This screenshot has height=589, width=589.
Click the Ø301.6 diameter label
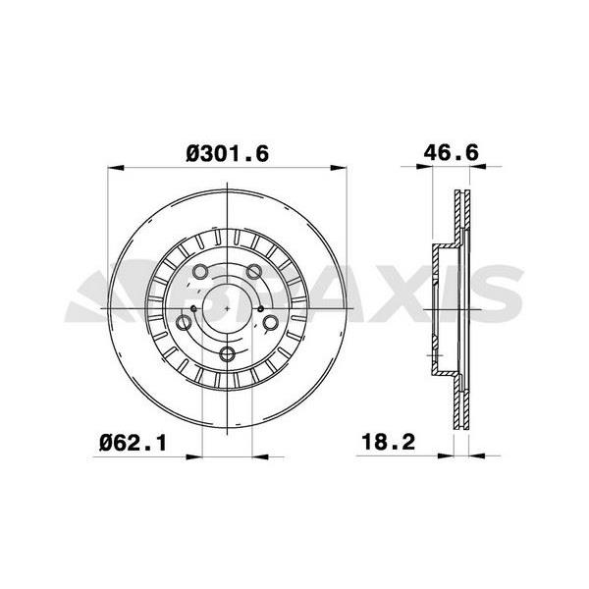(228, 154)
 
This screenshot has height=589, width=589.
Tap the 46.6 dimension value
(452, 152)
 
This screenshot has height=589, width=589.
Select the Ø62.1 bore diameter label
(133, 443)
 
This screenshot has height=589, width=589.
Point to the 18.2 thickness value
(389, 442)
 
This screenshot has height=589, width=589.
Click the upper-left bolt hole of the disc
(199, 272)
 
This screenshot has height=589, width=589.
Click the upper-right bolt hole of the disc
(254, 271)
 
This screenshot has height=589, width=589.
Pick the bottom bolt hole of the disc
(227, 353)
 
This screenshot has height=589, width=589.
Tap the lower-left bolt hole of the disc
(184, 323)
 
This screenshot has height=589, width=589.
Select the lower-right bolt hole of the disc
(271, 322)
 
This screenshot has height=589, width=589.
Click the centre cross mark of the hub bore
(228, 308)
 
